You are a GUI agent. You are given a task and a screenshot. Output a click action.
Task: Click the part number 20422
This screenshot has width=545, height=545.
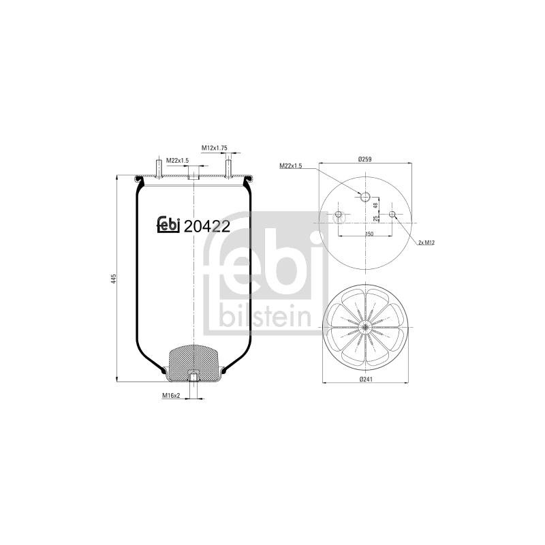coord(206,227)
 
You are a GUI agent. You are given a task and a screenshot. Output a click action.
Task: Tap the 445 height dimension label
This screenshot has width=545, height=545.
coord(113,278)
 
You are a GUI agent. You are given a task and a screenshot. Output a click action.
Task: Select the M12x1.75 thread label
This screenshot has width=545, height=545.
coord(215,148)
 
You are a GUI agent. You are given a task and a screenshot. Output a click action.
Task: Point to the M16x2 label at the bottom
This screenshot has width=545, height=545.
coord(171,395)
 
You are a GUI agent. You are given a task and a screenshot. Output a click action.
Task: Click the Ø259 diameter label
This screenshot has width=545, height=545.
coord(365,159)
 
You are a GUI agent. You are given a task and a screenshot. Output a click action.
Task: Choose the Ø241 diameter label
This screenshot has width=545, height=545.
coord(365,379)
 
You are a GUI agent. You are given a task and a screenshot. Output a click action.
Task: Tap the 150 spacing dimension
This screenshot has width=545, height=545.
coord(369,234)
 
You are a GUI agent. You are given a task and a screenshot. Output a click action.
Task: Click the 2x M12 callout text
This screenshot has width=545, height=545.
coord(426,243)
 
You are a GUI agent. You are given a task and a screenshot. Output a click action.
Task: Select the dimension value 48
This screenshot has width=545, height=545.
coord(375,206)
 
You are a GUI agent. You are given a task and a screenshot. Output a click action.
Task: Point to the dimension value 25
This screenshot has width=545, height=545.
coord(375,218)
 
